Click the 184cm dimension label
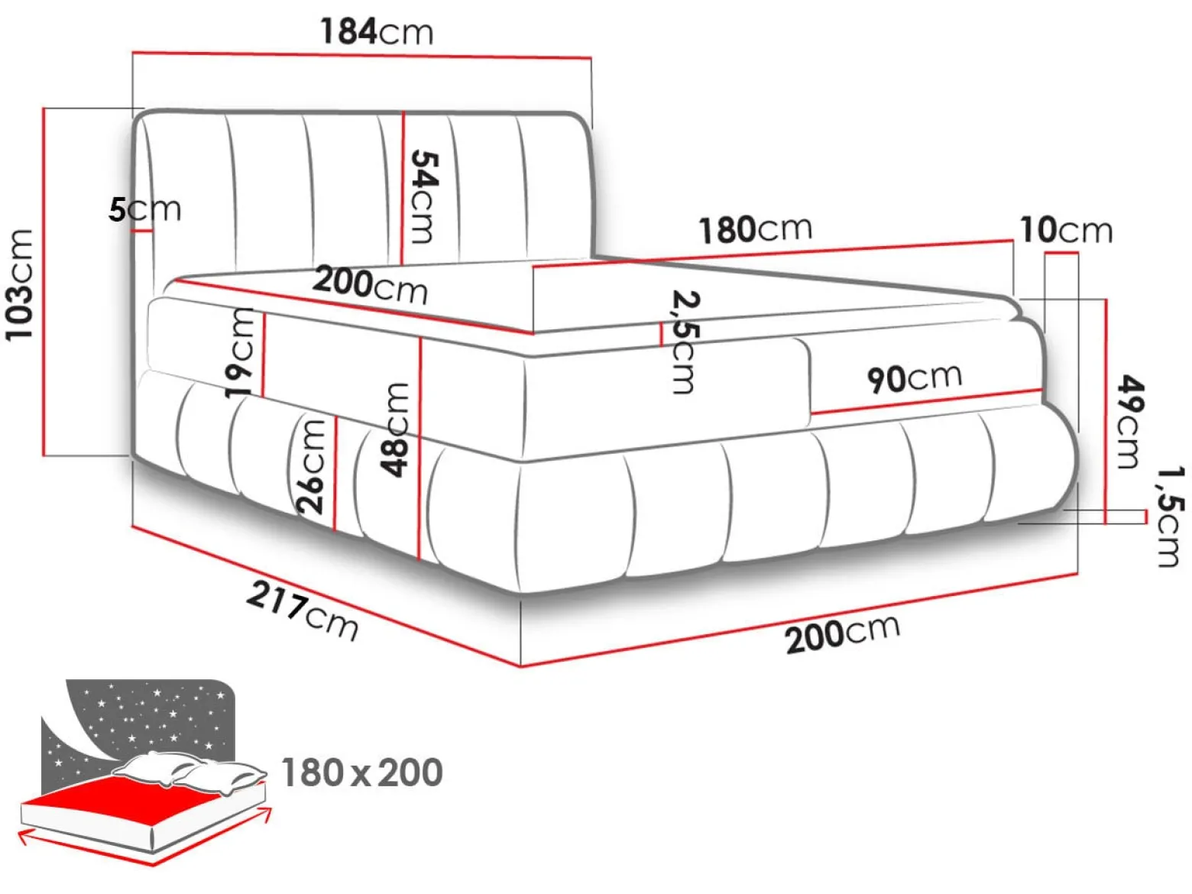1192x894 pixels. point(377,31)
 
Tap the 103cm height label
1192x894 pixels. point(20,286)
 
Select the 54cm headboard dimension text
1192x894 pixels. point(423,196)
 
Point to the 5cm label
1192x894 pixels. point(144,209)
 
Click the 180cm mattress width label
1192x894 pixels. point(755,229)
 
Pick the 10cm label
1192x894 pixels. point(1066,230)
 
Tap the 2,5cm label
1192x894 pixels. point(683,342)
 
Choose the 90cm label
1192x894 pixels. point(915,377)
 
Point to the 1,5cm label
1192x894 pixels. point(1168,517)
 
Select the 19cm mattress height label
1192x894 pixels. point(239,353)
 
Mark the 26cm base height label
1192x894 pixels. point(312,467)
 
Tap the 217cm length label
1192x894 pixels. point(302,611)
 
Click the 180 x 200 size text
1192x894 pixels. point(361,773)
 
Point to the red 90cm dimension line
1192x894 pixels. point(926,402)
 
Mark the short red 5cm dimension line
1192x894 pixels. point(141,232)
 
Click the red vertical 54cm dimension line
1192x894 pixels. point(403,188)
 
